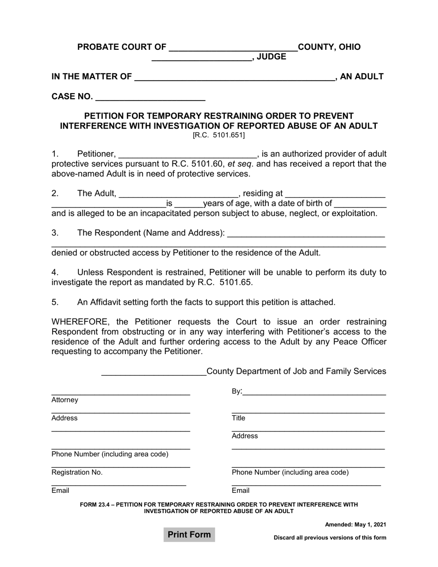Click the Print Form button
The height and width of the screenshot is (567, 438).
click(x=189, y=535)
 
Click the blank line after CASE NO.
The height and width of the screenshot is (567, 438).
click(x=150, y=98)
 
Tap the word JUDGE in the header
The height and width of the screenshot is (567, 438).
click(x=271, y=57)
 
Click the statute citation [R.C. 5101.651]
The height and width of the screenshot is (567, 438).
click(x=219, y=135)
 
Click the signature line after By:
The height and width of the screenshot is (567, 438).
click(x=314, y=392)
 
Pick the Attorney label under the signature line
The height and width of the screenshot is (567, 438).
click(x=65, y=400)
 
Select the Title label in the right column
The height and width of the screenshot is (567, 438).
click(x=238, y=418)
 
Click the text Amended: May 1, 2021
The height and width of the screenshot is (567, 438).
click(x=355, y=525)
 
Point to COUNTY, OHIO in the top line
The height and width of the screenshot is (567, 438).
click(x=330, y=47)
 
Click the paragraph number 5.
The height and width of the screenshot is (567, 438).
click(x=55, y=302)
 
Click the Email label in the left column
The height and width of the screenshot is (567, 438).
click(x=60, y=490)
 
